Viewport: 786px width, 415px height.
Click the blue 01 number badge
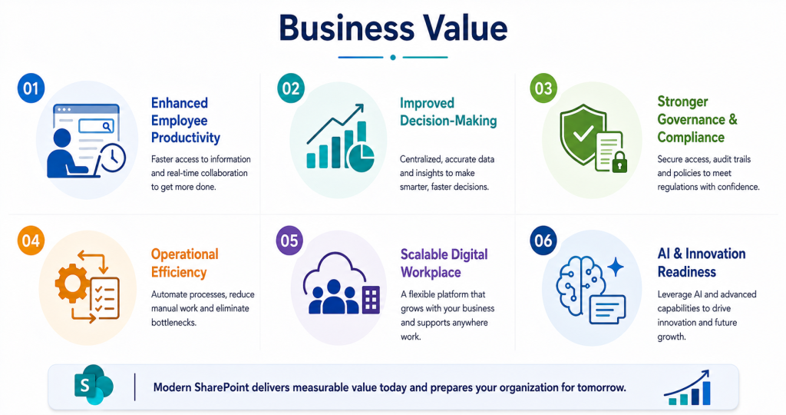tap(31, 88)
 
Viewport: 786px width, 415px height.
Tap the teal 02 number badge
tap(290, 88)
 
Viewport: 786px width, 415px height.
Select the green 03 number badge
tap(543, 88)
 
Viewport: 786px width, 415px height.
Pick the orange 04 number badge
tap(31, 241)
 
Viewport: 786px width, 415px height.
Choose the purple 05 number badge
tap(289, 241)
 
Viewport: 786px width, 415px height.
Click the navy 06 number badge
tap(543, 241)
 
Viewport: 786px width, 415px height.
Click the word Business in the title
tap(346, 28)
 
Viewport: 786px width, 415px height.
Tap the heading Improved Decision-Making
tap(448, 112)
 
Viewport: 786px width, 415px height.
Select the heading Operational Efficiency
tap(185, 263)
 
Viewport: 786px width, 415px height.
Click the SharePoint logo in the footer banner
tap(94, 385)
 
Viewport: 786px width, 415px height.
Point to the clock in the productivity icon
tap(113, 158)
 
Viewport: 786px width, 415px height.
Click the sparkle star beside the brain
tap(616, 267)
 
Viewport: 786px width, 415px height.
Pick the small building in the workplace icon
tap(371, 300)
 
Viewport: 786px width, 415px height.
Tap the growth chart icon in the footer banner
tap(687, 387)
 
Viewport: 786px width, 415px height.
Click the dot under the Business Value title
tap(393, 57)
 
